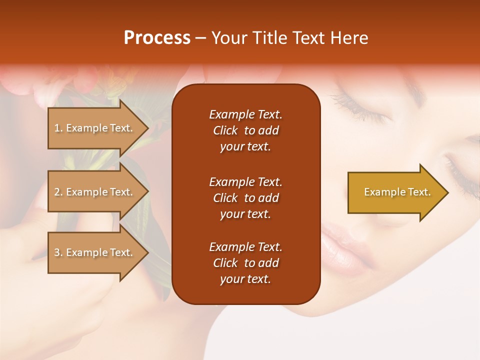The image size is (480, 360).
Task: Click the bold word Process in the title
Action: [157, 38]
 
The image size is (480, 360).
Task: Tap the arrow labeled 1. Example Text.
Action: [95, 128]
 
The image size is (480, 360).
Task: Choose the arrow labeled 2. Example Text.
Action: [95, 192]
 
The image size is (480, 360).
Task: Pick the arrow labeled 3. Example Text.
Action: [95, 252]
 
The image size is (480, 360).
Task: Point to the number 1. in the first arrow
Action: [58, 128]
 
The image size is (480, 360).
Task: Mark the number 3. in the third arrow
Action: [58, 253]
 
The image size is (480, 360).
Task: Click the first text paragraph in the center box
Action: [245, 130]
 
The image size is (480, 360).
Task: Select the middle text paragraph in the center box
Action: [245, 198]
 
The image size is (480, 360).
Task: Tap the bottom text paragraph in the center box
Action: [245, 263]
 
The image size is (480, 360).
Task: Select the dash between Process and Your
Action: [200, 38]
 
